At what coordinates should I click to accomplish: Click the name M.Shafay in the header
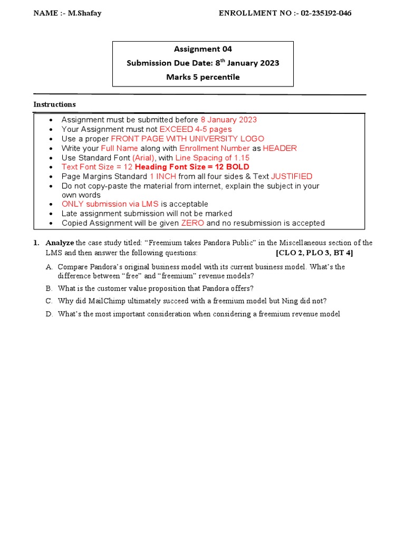84,13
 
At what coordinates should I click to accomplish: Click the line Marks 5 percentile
203,77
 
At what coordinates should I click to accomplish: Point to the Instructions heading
55,104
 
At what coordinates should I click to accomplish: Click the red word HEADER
280,148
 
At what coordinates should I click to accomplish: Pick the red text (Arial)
143,158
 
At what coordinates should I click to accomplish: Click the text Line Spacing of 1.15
213,158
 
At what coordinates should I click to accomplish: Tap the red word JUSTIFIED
292,177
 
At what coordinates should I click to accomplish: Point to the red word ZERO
192,223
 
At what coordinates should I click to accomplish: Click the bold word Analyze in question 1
60,243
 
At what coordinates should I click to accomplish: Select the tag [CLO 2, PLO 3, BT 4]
314,253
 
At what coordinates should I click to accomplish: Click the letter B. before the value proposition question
49,288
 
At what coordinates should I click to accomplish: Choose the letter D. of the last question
49,314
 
